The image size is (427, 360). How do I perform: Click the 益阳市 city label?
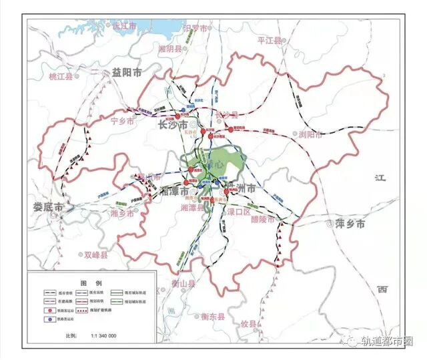(x=127, y=73)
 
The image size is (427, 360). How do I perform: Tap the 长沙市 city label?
(x=171, y=125)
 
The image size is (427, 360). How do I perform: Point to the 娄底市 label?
(x=47, y=208)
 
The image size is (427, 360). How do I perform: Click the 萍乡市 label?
(x=350, y=224)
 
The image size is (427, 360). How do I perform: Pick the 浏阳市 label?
(x=311, y=134)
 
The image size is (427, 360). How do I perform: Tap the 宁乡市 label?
(x=122, y=122)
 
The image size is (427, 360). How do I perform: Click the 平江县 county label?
(x=270, y=41)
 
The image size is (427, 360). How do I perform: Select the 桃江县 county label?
(x=63, y=77)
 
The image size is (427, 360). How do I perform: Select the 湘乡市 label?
(x=124, y=213)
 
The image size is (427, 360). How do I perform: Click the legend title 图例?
(x=89, y=282)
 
